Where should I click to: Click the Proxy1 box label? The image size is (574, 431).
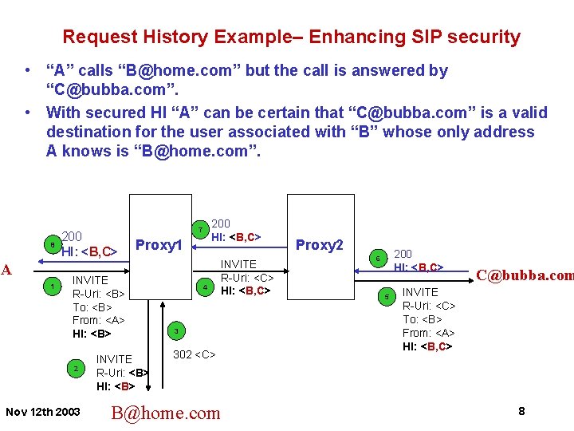(x=160, y=245)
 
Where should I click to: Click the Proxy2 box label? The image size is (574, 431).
(x=319, y=245)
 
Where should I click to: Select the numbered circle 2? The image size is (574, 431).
(x=76, y=369)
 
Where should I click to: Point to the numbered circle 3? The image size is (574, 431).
(x=176, y=330)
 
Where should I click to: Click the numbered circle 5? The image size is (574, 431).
(x=387, y=298)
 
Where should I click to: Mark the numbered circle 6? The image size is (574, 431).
(x=378, y=257)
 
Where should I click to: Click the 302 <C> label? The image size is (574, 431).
(x=194, y=354)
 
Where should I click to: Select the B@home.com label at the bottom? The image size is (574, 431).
(x=166, y=413)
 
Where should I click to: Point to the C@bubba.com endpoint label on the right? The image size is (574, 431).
(x=525, y=275)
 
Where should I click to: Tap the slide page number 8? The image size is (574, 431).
(x=521, y=411)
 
